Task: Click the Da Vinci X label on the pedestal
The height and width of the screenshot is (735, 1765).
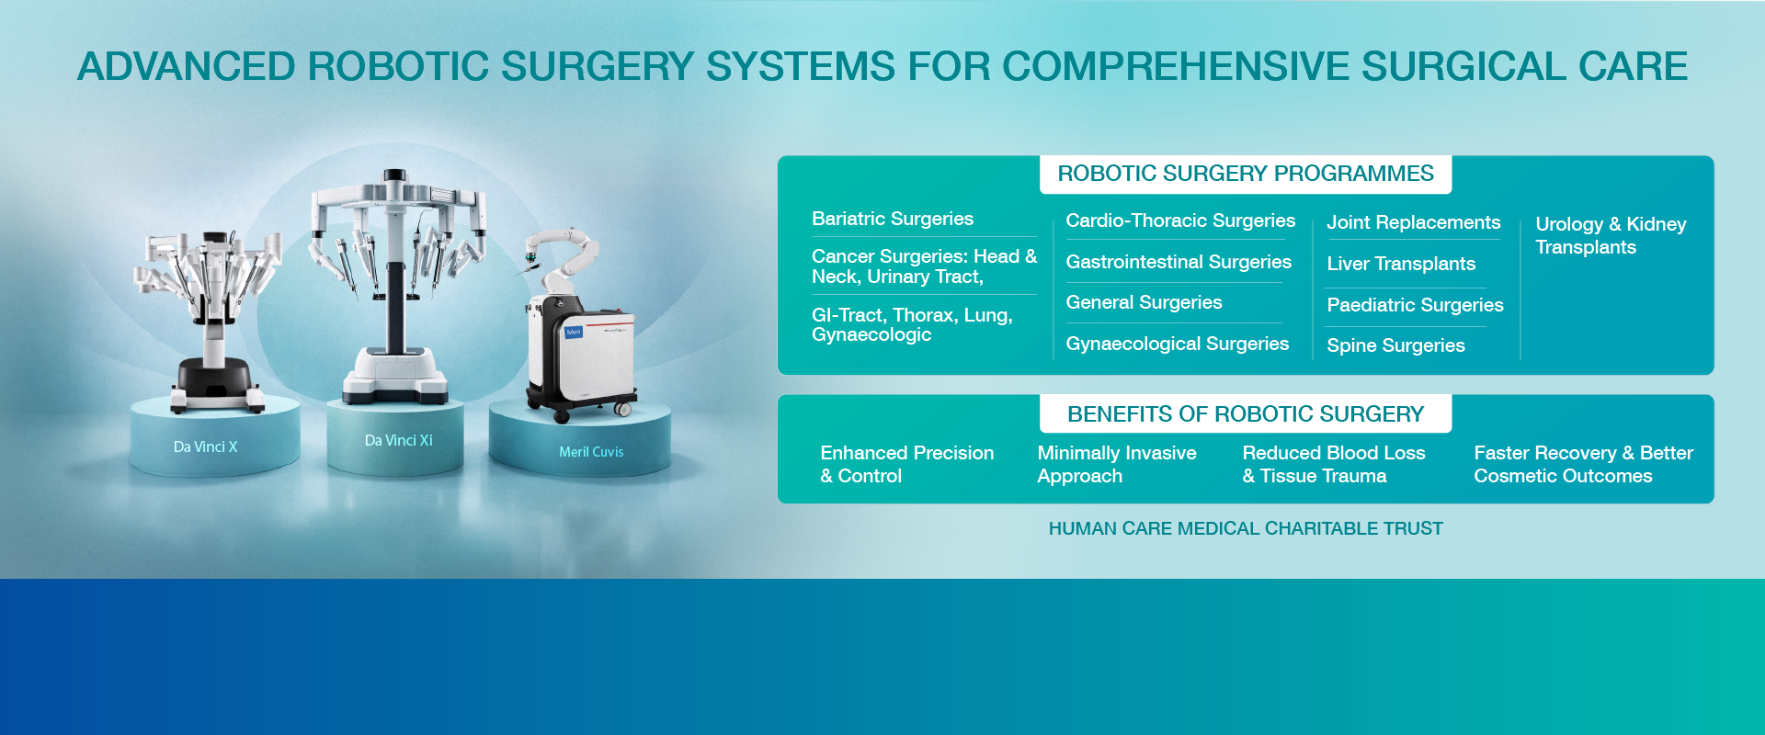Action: [x=205, y=447]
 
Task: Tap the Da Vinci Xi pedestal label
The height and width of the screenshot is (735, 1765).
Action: [x=398, y=441]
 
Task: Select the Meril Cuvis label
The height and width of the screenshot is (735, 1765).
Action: [x=591, y=452]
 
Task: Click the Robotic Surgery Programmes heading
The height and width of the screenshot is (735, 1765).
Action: [x=1245, y=174]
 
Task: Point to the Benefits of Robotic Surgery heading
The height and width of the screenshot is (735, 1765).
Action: [x=1245, y=414]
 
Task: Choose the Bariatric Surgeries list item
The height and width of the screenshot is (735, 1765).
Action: [x=892, y=219]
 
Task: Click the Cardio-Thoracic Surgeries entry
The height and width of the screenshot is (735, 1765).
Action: [x=1179, y=220]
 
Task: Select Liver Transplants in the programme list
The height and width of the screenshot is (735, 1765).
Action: [x=1400, y=264]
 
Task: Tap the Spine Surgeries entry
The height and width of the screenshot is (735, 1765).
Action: [x=1395, y=345]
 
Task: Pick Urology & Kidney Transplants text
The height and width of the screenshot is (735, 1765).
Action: [x=1610, y=235]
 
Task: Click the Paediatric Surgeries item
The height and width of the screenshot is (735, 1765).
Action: [x=1414, y=305]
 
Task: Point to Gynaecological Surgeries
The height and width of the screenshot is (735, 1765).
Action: [x=1177, y=344]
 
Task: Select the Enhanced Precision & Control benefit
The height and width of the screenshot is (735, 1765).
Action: [x=905, y=464]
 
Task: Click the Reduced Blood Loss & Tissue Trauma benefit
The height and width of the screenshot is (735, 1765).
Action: [x=1333, y=464]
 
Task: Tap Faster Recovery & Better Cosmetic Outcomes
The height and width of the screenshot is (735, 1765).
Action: [x=1582, y=464]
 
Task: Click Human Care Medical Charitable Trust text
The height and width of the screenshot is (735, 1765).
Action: [x=1245, y=528]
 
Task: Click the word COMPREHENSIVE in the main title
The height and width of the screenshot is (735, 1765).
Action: [x=1176, y=66]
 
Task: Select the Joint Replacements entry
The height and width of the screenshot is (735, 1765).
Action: [x=1412, y=222]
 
